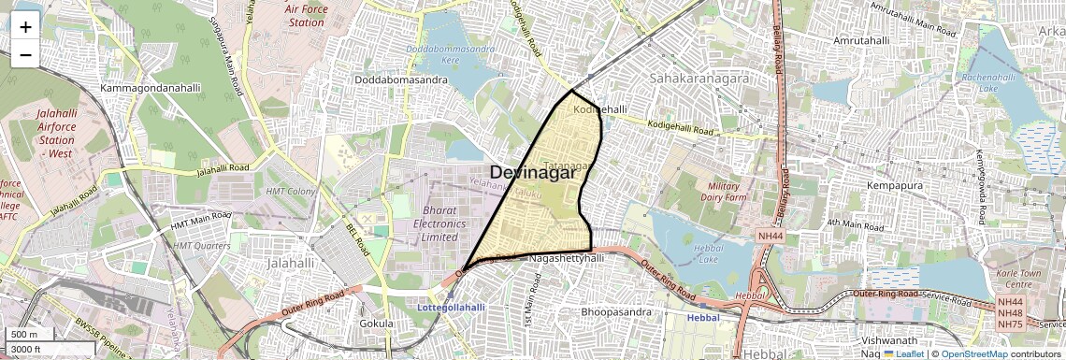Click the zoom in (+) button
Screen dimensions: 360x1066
[x=25, y=26]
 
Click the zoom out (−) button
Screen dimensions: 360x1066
[x=25, y=54]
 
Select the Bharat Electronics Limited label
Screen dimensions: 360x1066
[x=443, y=223]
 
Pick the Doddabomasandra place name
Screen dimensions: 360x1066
[x=400, y=79]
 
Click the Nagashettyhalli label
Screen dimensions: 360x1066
[x=567, y=257]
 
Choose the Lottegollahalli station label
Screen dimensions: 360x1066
[x=451, y=307]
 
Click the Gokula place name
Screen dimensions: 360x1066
[x=376, y=324]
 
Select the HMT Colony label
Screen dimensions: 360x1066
[x=291, y=192]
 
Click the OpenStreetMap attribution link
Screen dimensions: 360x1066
[x=973, y=353]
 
